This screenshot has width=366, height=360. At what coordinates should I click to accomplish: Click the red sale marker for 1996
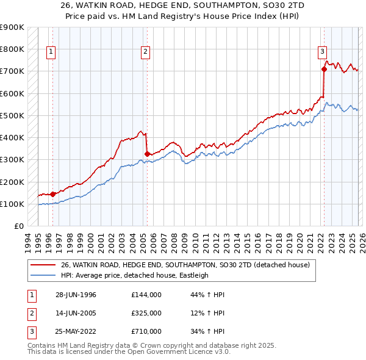[53, 194]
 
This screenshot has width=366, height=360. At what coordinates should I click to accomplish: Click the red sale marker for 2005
[147, 154]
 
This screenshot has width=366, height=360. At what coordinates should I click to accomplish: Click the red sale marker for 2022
[324, 69]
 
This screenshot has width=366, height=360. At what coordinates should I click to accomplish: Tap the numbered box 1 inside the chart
[51, 52]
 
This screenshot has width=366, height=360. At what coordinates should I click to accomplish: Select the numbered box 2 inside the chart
[146, 52]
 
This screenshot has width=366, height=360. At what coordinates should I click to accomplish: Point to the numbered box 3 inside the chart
[322, 52]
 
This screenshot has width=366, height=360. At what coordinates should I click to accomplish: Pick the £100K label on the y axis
[12, 204]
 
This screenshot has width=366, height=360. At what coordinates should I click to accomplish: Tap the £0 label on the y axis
[18, 226]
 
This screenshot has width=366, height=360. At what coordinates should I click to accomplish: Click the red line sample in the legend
[43, 265]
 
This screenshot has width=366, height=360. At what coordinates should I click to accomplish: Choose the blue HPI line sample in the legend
[43, 275]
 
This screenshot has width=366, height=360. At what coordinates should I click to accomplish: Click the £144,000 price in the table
[146, 294]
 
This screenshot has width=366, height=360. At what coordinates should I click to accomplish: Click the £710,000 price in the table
[146, 331]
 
